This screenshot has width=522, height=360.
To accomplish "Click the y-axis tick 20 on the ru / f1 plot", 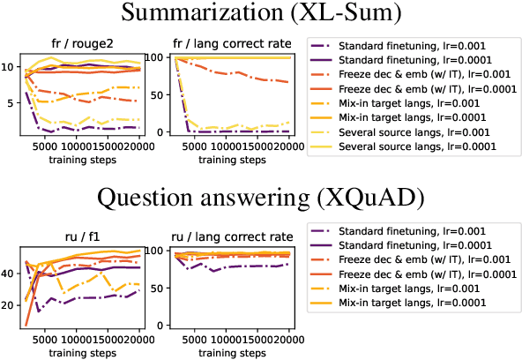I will (8, 305).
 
